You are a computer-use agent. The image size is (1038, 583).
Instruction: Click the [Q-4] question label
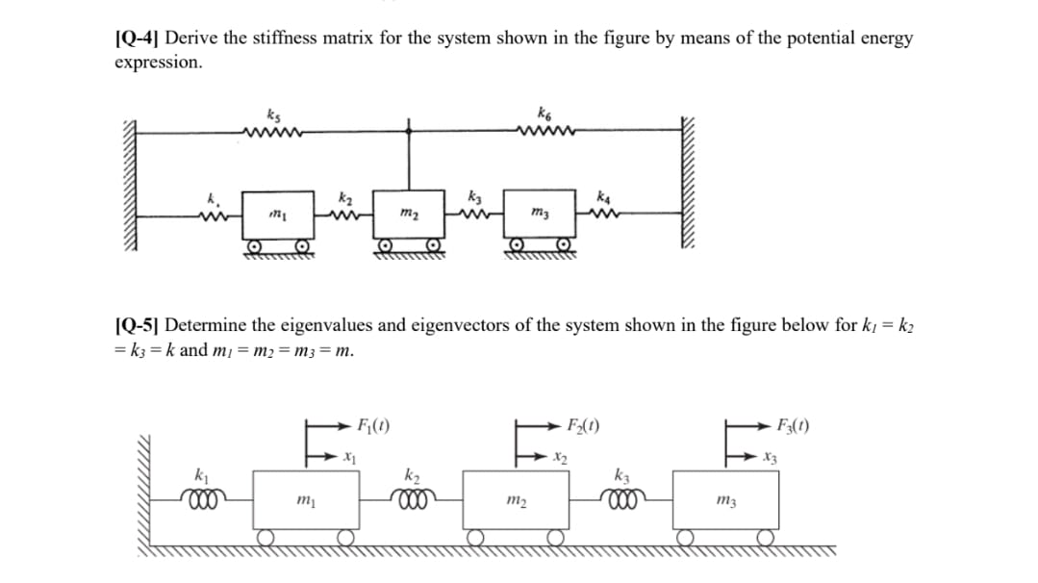point(138,39)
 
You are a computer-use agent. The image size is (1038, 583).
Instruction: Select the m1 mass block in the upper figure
point(275,212)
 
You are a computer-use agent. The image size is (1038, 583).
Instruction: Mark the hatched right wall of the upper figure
point(689,192)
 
